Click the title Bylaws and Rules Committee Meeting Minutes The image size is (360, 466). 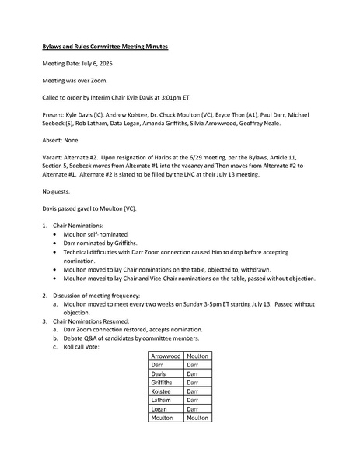pos(104,47)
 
